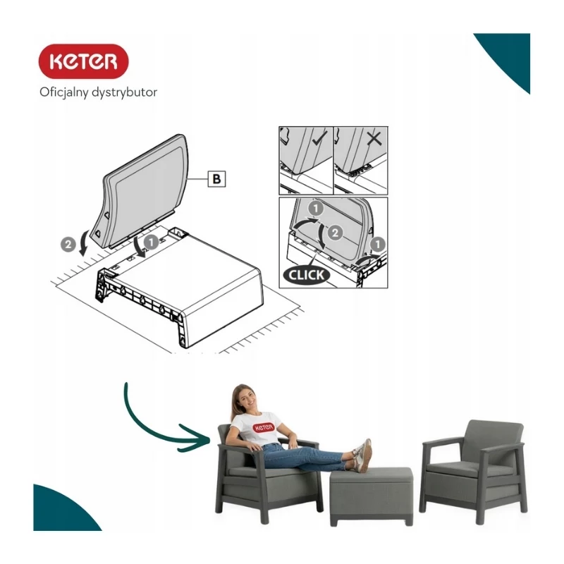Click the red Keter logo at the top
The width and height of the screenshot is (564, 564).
83,61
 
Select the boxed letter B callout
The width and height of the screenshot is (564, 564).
217,179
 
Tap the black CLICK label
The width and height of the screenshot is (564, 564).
306,275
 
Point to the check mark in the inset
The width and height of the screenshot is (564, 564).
319,138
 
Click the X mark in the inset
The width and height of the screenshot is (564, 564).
374,138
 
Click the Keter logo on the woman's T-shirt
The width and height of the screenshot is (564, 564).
264,427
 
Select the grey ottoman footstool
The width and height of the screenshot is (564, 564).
372,496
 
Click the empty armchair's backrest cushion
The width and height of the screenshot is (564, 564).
492,441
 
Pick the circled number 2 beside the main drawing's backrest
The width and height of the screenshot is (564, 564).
68,245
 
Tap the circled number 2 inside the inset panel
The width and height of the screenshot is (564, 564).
335,233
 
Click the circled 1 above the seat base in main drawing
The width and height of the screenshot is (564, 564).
151,242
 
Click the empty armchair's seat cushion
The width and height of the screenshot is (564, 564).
455,469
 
